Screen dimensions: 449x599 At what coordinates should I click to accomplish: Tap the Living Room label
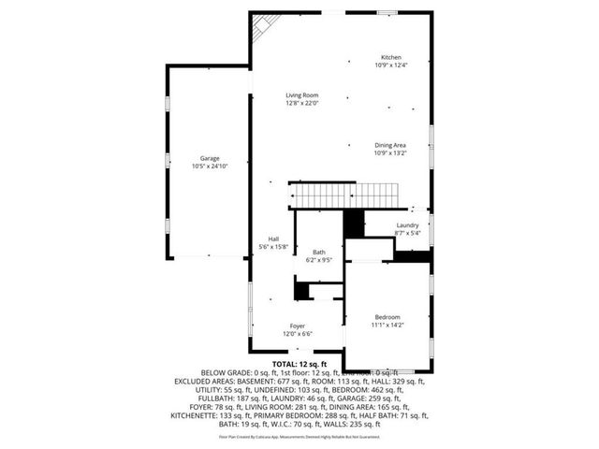[x=302, y=95]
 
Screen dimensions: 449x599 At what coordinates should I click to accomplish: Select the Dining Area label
[x=389, y=145]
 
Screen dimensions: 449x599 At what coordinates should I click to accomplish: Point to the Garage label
[x=209, y=158]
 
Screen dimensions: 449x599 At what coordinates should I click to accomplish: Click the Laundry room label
[x=406, y=225]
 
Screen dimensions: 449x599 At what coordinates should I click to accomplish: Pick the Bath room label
[x=319, y=253]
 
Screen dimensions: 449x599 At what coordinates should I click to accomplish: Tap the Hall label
[x=273, y=239]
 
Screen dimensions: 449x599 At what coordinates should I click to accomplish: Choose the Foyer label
[x=297, y=326]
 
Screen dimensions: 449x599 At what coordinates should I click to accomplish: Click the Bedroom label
[x=388, y=317]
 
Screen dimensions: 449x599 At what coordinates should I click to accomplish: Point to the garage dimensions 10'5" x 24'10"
[x=209, y=167]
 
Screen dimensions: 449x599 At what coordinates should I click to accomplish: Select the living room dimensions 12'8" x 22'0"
[x=302, y=104]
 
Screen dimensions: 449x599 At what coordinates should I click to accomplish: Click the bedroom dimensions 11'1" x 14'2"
[x=388, y=326]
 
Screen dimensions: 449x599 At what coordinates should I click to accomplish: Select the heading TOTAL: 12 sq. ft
[x=299, y=363]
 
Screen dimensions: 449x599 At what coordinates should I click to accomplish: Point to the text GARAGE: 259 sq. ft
[x=391, y=391]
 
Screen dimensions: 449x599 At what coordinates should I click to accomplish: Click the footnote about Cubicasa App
[x=299, y=436]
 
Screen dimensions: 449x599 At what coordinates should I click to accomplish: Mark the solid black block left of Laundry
[x=354, y=224]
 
